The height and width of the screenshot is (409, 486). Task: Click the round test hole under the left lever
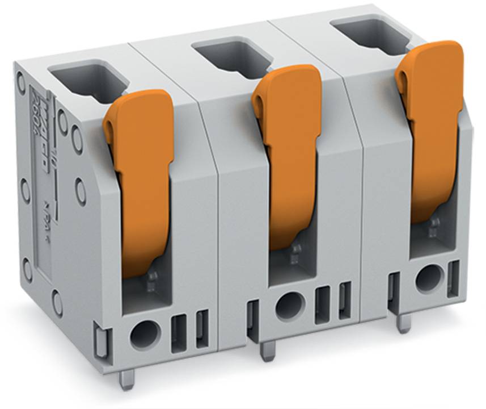pyautogui.click(x=144, y=335)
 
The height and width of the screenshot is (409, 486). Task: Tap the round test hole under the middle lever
pyautogui.click(x=290, y=306)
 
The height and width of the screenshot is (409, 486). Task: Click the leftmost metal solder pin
pyautogui.click(x=127, y=379)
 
